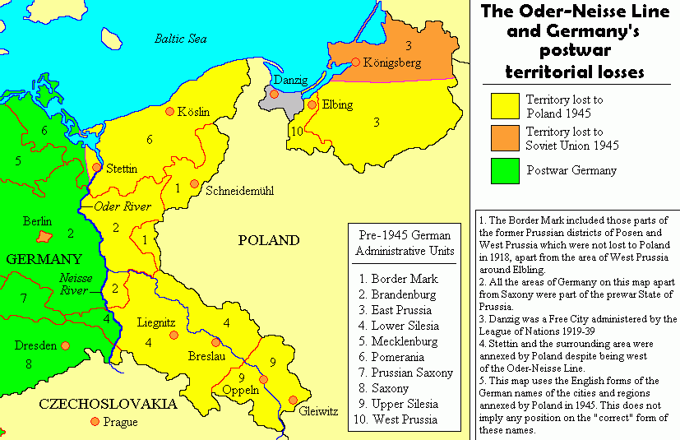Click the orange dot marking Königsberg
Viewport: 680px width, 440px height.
[x=355, y=62]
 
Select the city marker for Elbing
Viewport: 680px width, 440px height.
[x=312, y=104]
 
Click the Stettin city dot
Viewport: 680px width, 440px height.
[x=96, y=167]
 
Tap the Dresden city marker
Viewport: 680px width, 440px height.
[x=64, y=346]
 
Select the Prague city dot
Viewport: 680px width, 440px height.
[x=95, y=422]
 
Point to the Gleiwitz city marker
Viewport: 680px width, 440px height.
[x=293, y=401]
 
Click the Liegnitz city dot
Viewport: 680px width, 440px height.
[x=172, y=336]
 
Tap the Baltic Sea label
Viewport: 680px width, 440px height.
[x=181, y=38]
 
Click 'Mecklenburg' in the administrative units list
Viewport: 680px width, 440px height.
[x=405, y=340]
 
